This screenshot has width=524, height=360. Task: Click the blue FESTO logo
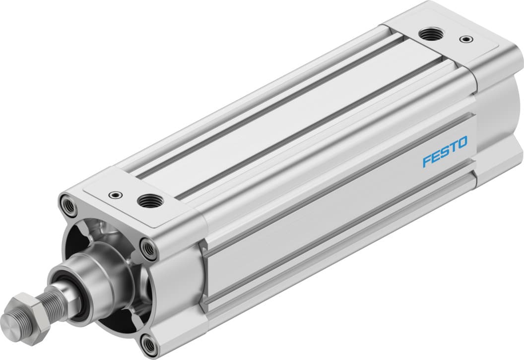[x=445, y=152]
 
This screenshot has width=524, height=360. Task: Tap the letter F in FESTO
[x=426, y=160]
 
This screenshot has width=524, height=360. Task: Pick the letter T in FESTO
[x=452, y=148]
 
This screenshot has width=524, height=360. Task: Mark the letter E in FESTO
[x=435, y=156]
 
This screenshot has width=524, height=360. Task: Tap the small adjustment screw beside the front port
[x=116, y=194]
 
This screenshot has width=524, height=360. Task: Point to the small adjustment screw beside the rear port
[x=465, y=39]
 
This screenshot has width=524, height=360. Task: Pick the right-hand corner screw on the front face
[x=148, y=247]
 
